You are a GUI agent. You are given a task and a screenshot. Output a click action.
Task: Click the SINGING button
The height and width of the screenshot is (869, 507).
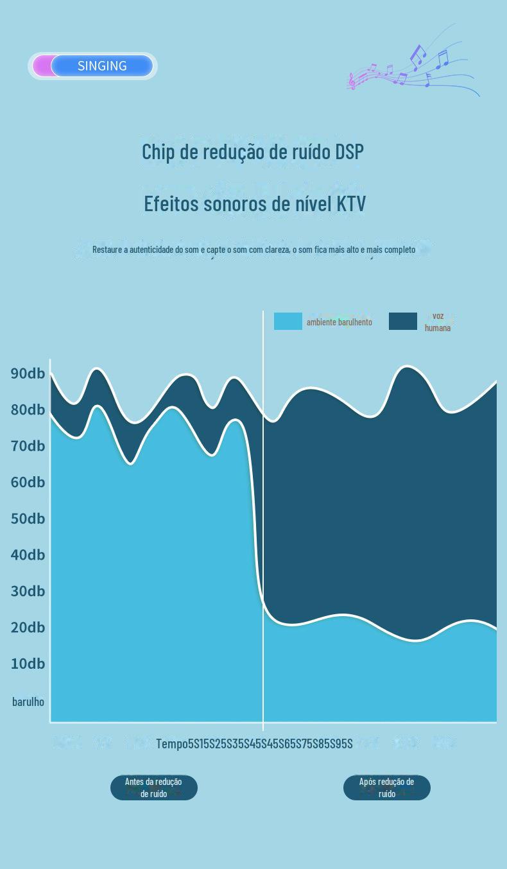[101, 66]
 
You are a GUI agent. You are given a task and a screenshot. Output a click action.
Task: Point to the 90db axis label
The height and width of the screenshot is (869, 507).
[28, 374]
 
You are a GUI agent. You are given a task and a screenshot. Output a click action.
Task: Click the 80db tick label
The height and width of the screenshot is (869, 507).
[28, 409]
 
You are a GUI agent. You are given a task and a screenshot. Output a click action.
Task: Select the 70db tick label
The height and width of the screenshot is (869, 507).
[28, 446]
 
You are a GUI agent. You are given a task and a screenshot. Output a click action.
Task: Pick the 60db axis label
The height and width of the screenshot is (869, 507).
[28, 482]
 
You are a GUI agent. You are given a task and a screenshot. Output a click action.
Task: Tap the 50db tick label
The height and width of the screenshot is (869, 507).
[28, 519]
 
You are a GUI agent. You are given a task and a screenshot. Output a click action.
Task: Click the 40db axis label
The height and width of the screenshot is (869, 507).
[28, 555]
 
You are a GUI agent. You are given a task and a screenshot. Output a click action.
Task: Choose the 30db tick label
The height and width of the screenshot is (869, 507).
[28, 591]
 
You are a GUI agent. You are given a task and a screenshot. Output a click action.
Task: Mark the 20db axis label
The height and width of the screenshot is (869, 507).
[28, 627]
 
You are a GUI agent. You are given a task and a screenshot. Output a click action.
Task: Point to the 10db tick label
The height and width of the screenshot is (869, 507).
[28, 664]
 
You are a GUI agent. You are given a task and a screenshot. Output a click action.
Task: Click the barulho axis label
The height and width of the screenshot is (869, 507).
[28, 701]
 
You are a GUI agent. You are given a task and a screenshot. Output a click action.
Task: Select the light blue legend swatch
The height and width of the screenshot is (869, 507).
[288, 322]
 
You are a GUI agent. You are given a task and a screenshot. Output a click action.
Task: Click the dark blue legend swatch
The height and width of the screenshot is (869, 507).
[402, 322]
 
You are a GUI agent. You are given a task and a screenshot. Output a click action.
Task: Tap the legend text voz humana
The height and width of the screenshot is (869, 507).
[438, 322]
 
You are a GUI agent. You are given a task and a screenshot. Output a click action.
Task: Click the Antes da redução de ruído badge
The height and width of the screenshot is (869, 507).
[153, 787]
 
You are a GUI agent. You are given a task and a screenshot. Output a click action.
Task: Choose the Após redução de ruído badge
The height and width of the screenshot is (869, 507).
[386, 787]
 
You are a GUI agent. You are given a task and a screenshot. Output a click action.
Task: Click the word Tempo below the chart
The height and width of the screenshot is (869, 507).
[171, 743]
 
